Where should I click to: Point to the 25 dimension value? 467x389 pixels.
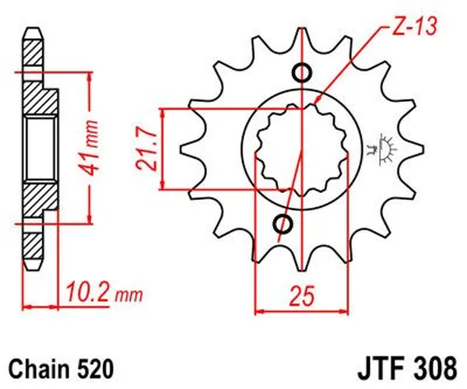[301, 295]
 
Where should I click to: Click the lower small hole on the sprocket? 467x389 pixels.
[283, 226]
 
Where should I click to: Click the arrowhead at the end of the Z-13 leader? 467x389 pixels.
[321, 102]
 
